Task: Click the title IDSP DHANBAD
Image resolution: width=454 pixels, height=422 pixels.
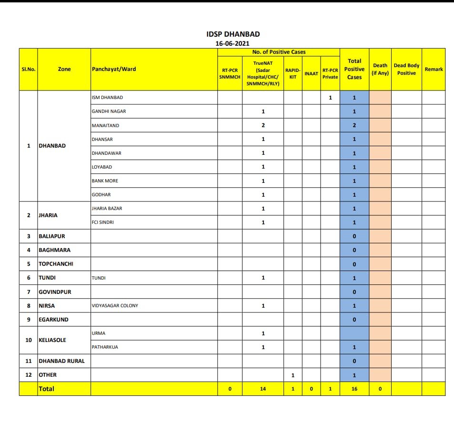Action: coord(233,34)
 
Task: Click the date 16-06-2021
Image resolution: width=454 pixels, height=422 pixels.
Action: coord(232,43)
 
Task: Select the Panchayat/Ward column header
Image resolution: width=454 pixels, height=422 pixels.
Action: coord(113,69)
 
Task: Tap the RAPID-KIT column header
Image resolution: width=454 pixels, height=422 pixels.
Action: coord(293,73)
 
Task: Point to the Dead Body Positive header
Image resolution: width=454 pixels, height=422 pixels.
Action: coord(406,69)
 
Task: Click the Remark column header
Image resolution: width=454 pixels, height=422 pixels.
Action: coord(434,69)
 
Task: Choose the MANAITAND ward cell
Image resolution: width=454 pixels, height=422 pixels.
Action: coord(105,125)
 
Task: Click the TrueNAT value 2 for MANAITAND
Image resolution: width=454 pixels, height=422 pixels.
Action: coord(263,125)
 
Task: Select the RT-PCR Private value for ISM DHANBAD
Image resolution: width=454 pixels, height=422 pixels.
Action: coord(330,98)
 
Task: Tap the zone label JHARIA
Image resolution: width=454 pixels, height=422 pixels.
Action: coord(48,215)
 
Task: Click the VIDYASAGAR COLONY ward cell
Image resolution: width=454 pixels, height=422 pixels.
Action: coord(115,305)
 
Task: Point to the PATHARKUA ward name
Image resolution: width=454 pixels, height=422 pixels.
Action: coord(105,347)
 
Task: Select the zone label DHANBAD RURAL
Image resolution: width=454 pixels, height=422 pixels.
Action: coord(61,361)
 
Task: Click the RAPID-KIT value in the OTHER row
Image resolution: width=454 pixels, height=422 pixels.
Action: coord(293,375)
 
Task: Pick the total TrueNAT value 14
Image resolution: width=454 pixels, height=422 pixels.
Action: coord(263,389)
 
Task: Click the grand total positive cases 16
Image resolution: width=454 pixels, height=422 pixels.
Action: coord(354,389)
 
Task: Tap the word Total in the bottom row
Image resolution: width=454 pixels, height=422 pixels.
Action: coord(47,389)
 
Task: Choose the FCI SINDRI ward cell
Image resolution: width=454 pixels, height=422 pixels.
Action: coord(102,222)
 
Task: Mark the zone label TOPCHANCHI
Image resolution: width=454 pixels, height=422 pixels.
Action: coord(56,264)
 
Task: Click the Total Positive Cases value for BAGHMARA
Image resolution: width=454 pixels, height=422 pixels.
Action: coord(354,250)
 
